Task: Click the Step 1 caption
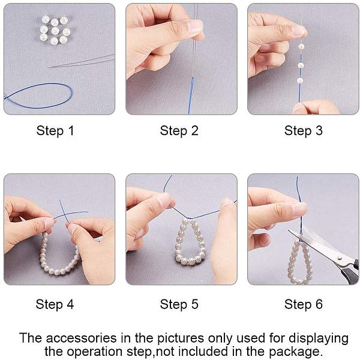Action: (x=55, y=131)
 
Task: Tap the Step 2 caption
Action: (x=179, y=131)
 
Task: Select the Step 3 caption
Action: (x=303, y=131)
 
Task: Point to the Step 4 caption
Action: (x=55, y=304)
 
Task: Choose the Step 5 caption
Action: (x=179, y=304)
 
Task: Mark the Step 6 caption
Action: (x=303, y=304)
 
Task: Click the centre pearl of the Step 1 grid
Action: (x=55, y=31)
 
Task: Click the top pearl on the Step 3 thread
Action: (x=301, y=47)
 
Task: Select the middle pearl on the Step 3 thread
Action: (x=301, y=65)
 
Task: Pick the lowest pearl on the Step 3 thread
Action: (x=300, y=80)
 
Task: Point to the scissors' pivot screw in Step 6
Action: (x=340, y=258)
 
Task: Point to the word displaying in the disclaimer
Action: (x=319, y=339)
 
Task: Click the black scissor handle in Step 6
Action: (x=350, y=272)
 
